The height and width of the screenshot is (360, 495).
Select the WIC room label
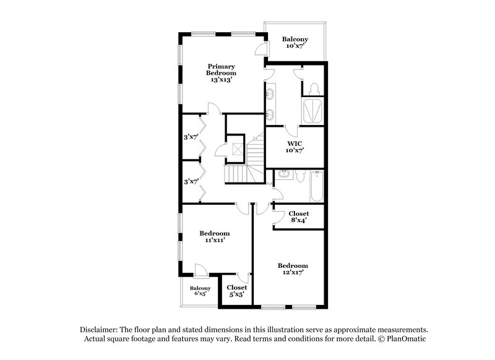tap(295, 146)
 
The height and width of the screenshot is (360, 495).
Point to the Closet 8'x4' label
tap(299, 216)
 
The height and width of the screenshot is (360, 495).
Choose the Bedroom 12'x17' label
tap(293, 268)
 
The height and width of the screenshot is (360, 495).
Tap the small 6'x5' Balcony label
tap(200, 291)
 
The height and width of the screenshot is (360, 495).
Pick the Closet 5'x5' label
tap(236, 291)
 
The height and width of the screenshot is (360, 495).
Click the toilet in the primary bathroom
tap(313, 88)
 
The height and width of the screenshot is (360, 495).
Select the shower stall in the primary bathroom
tap(313, 111)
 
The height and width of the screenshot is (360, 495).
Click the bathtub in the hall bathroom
tap(316, 187)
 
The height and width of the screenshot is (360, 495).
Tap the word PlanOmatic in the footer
tap(405, 340)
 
